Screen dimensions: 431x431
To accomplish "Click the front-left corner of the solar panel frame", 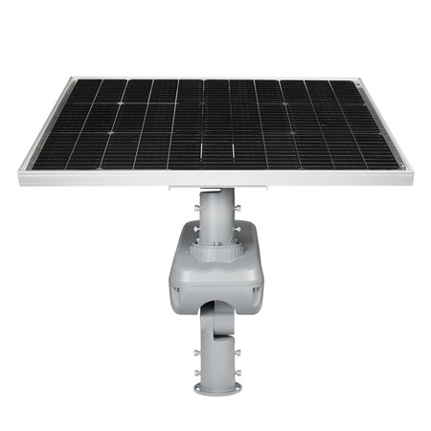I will tap(20, 176).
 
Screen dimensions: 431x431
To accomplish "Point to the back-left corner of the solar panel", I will tap(71, 80).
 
